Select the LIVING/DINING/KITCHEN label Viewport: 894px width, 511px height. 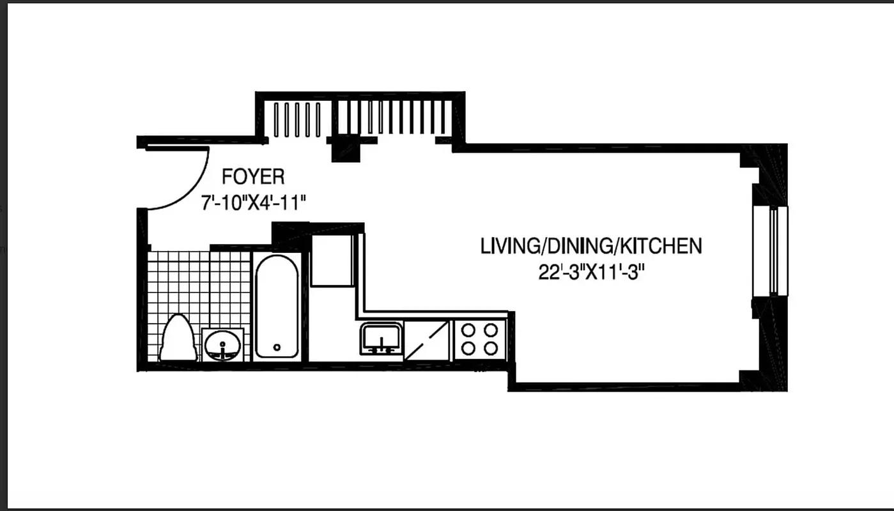(591, 246)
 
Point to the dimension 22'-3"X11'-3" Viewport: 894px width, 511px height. (590, 273)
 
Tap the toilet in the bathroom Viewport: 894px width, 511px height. (178, 338)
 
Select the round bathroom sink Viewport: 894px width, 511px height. (222, 346)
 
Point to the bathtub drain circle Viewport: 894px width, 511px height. (277, 347)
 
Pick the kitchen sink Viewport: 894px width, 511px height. (381, 339)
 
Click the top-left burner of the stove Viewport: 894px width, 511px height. (468, 330)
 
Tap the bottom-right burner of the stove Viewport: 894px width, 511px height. (491, 348)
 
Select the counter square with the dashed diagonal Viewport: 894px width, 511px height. (428, 340)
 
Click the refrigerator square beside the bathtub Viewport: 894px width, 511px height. (331, 261)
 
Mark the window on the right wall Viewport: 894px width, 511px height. (771, 250)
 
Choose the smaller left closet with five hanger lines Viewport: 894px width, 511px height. (297, 119)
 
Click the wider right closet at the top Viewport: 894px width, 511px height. (392, 117)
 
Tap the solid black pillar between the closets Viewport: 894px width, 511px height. (344, 149)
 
